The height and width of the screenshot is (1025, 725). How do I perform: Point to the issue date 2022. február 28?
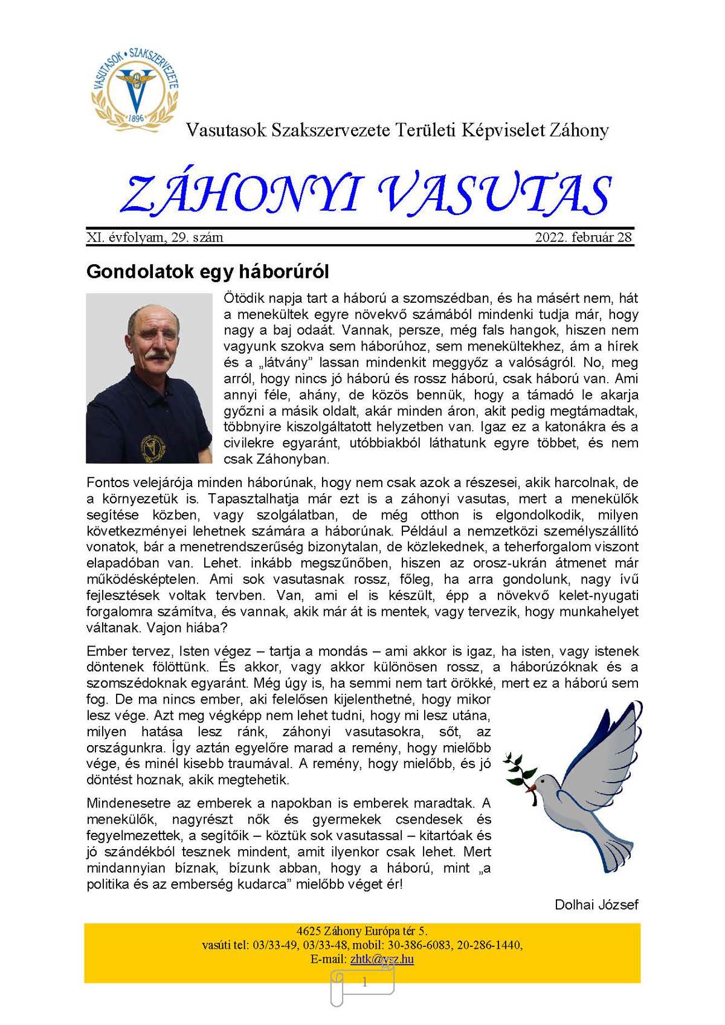583,238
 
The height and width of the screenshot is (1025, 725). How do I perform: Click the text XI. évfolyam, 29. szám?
155,238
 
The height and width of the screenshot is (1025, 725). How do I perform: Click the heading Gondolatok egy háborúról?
207,271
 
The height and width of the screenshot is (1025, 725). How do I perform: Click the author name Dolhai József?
596,905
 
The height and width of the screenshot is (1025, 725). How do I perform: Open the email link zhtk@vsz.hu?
382,959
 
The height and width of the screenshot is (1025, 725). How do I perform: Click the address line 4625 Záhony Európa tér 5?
362,931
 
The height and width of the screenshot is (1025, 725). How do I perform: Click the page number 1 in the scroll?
364,983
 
